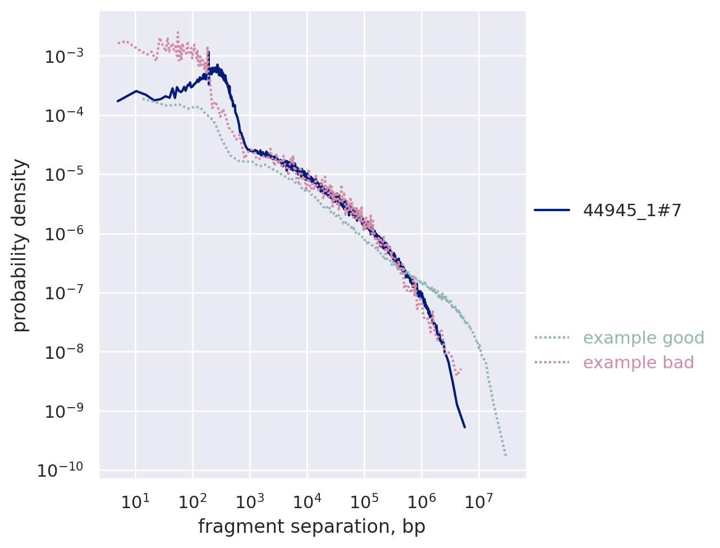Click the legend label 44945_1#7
[x=632, y=210]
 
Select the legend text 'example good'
[x=643, y=338]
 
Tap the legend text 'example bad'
[x=639, y=363]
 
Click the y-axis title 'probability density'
[x=20, y=245]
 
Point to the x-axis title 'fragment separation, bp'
[x=311, y=527]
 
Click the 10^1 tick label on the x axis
[x=135, y=501]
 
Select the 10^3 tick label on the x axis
[x=249, y=501]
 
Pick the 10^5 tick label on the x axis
[x=364, y=501]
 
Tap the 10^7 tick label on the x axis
[x=478, y=501]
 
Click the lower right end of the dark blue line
[x=465, y=427]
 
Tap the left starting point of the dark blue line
[x=117, y=101]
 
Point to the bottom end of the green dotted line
[x=506, y=455]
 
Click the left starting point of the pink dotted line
[x=118, y=43]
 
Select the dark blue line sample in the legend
[x=552, y=210]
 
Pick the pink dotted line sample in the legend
[x=552, y=363]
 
